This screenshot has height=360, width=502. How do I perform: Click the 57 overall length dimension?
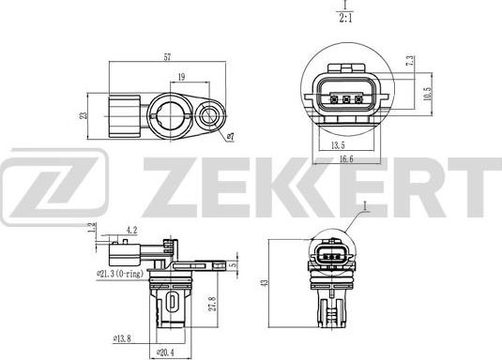point(168,58)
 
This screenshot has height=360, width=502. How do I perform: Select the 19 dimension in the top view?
point(181,79)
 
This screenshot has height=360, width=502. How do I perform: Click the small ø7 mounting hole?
point(210,116)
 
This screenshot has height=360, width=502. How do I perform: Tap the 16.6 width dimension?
point(346,160)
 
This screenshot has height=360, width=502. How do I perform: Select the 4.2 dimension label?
point(131,230)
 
